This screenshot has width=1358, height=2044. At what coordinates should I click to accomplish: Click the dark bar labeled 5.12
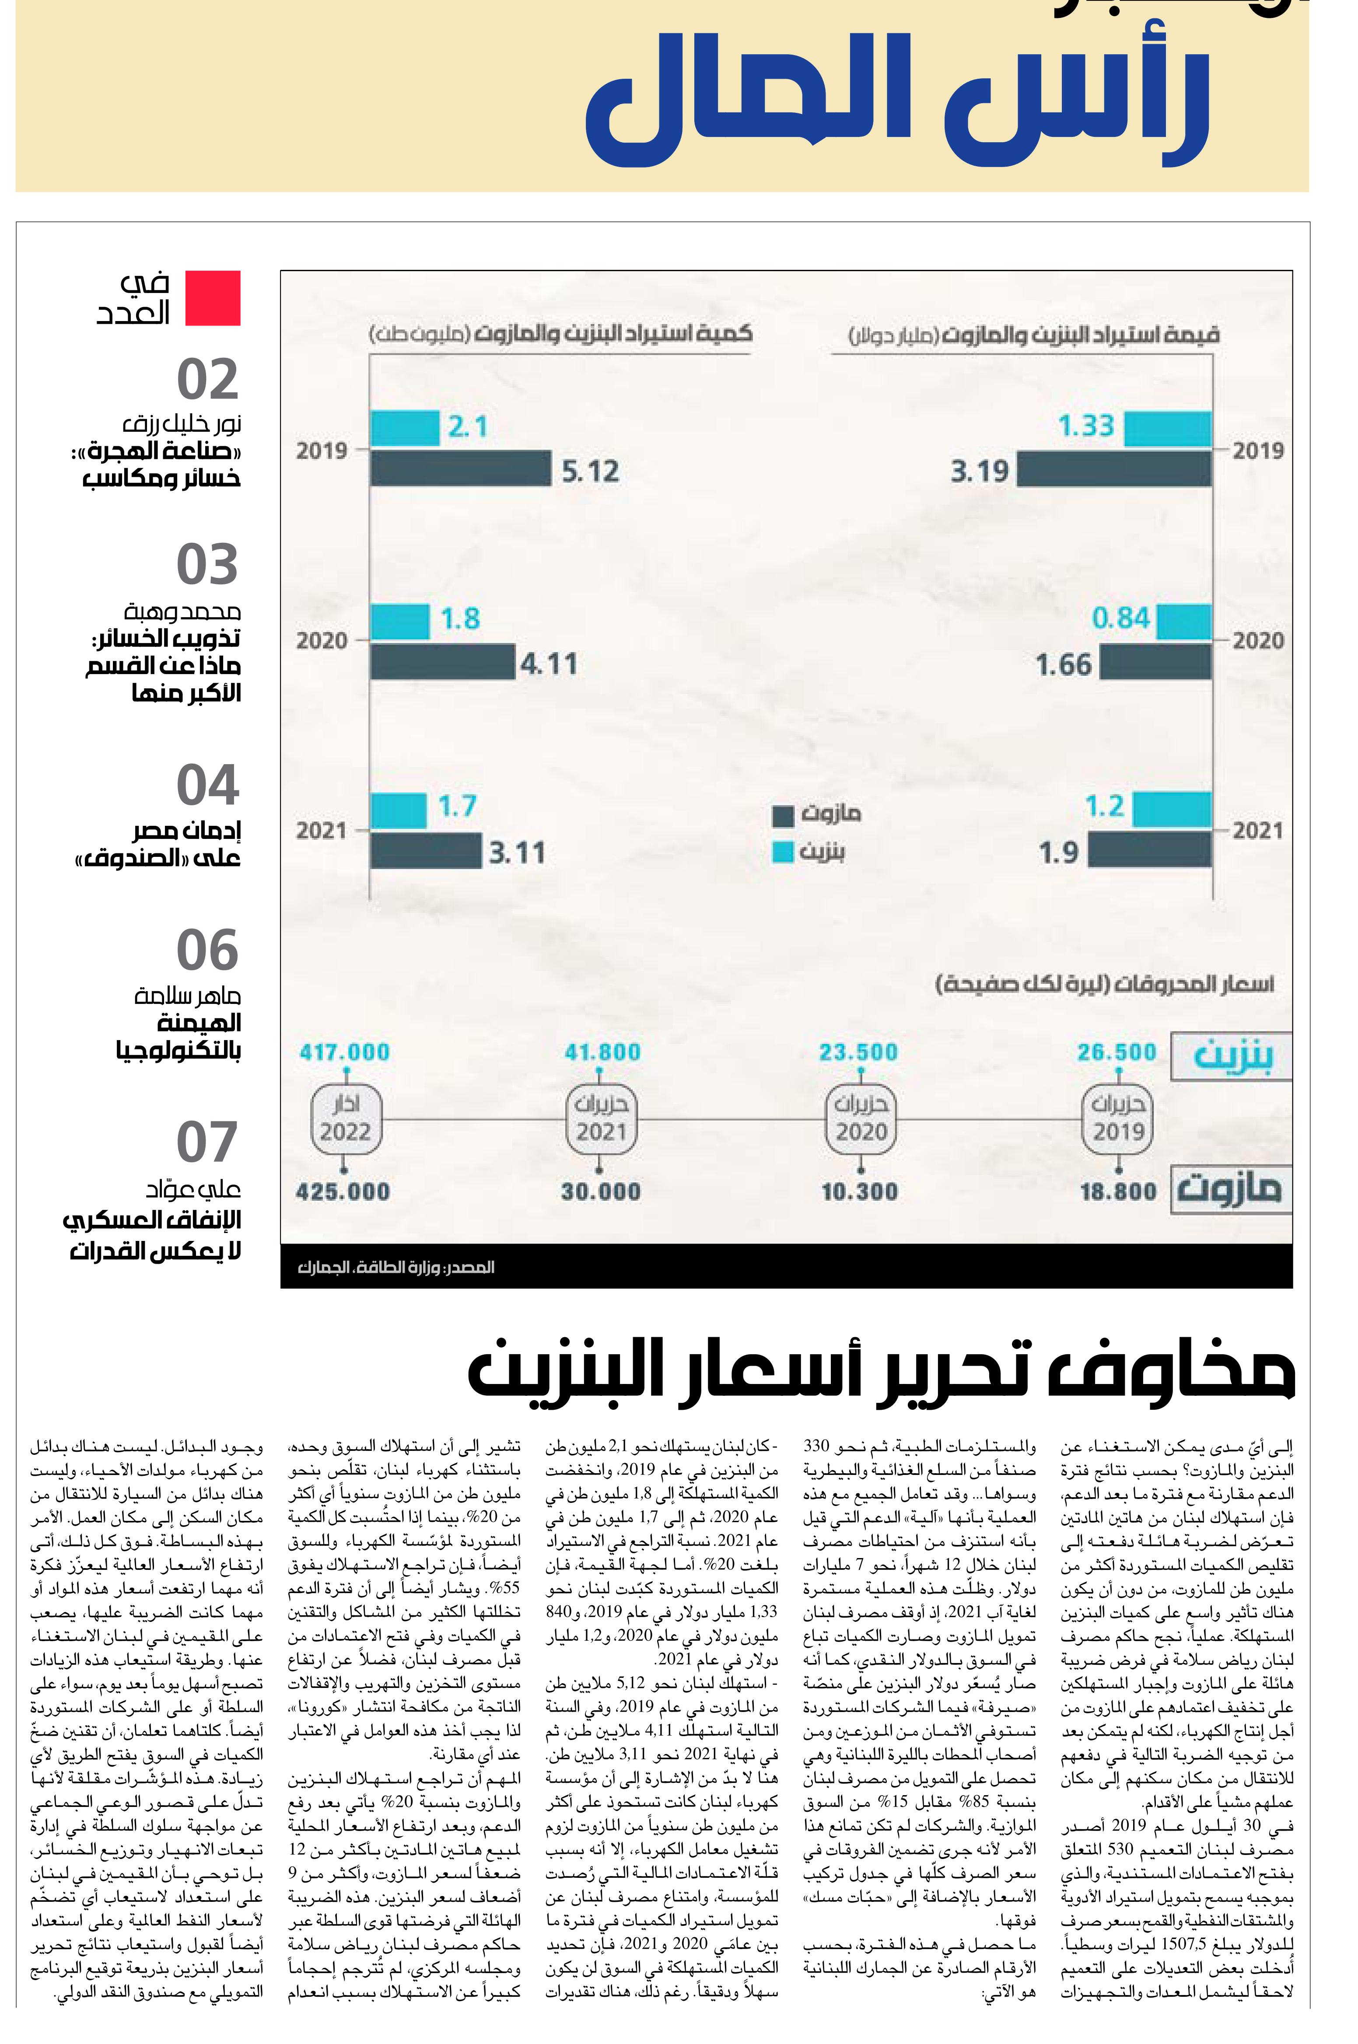[x=461, y=468]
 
